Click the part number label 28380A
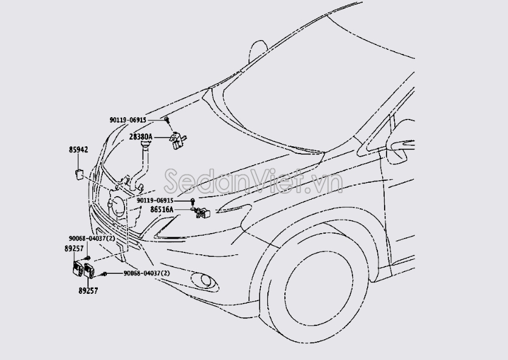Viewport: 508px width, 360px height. click(x=140, y=137)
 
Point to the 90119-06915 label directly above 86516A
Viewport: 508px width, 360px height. click(x=155, y=200)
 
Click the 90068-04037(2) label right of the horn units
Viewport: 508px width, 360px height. click(x=146, y=274)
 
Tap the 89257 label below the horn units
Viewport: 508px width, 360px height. click(x=88, y=291)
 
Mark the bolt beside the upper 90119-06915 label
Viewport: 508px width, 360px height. click(x=166, y=121)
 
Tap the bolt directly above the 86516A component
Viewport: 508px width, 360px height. click(x=193, y=200)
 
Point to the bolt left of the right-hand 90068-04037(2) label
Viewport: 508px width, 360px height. click(x=105, y=274)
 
